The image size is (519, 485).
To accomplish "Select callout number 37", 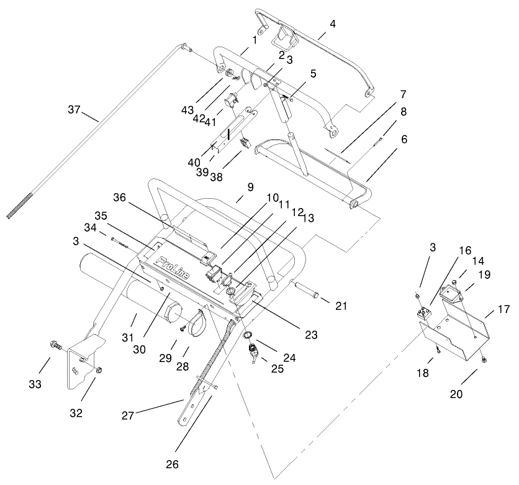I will [x=75, y=110].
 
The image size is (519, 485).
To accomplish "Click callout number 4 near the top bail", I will [x=333, y=25].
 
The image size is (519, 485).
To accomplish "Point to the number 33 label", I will [x=35, y=384].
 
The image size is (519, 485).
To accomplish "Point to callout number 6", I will [x=404, y=140].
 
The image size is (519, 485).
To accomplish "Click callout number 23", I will [x=311, y=335].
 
